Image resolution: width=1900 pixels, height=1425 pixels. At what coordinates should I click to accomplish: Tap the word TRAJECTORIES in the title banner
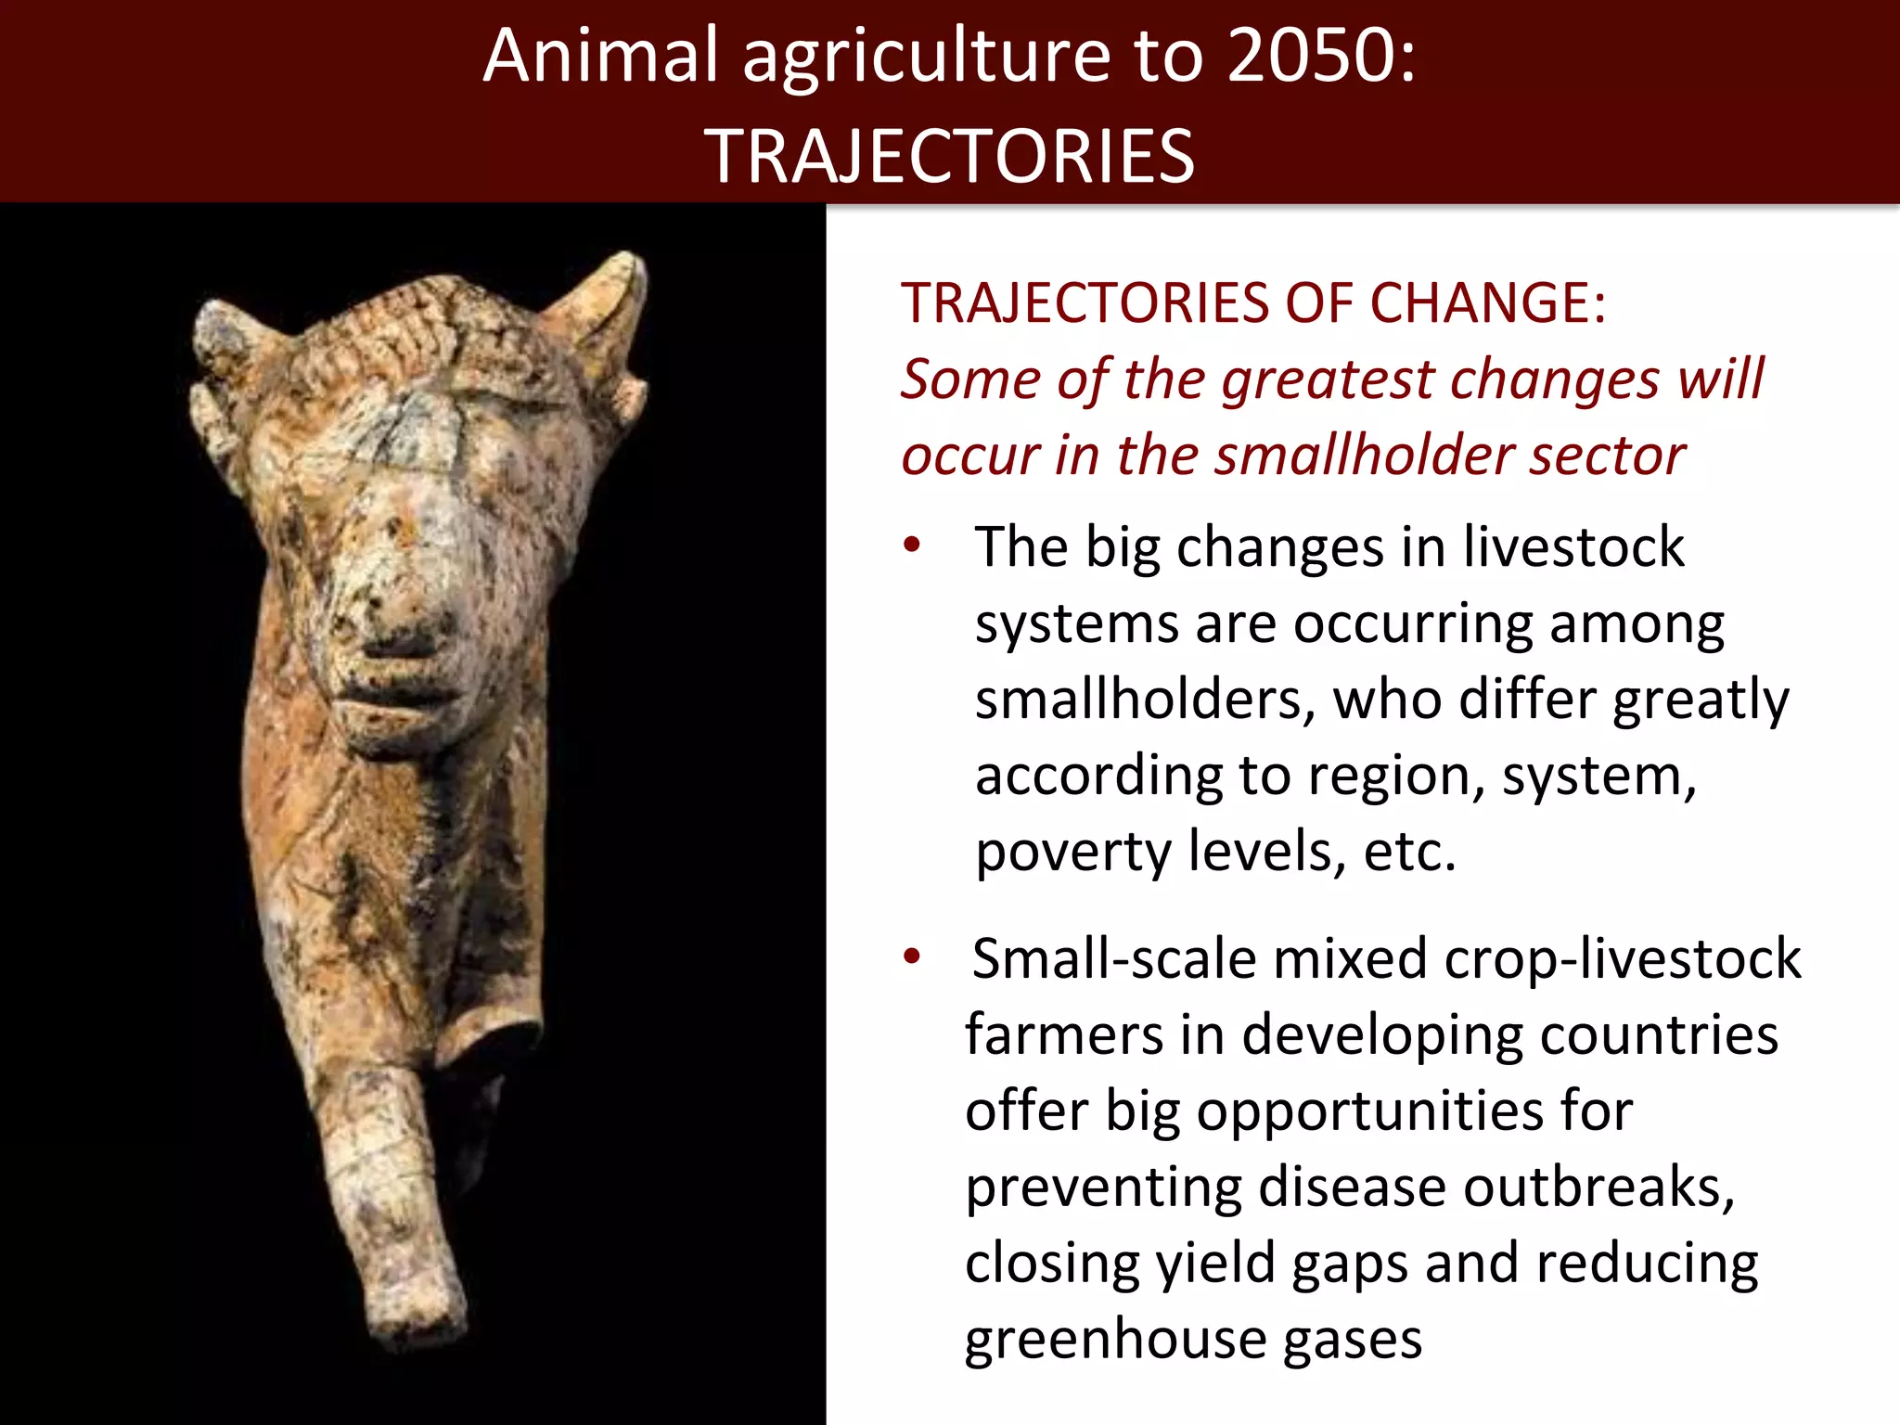pyautogui.click(x=950, y=156)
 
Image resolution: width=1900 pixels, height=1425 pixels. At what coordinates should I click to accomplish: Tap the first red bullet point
pyautogui.click(x=912, y=545)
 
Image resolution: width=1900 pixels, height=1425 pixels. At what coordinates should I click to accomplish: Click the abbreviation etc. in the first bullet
pyautogui.click(x=1409, y=851)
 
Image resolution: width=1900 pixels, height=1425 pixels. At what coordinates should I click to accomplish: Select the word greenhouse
pyautogui.click(x=1114, y=1339)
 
